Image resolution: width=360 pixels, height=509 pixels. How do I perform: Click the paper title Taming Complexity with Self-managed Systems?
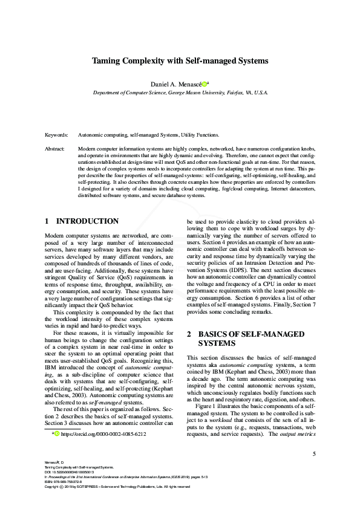[x=180, y=61]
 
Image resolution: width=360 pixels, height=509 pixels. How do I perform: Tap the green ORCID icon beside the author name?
[x=205, y=84]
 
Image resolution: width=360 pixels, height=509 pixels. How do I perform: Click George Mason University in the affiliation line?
[x=192, y=93]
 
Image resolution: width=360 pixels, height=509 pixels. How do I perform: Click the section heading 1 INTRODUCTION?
[x=82, y=221]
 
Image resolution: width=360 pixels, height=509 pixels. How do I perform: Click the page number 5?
[x=313, y=453]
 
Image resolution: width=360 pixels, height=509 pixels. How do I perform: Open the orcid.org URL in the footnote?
[x=103, y=433]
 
